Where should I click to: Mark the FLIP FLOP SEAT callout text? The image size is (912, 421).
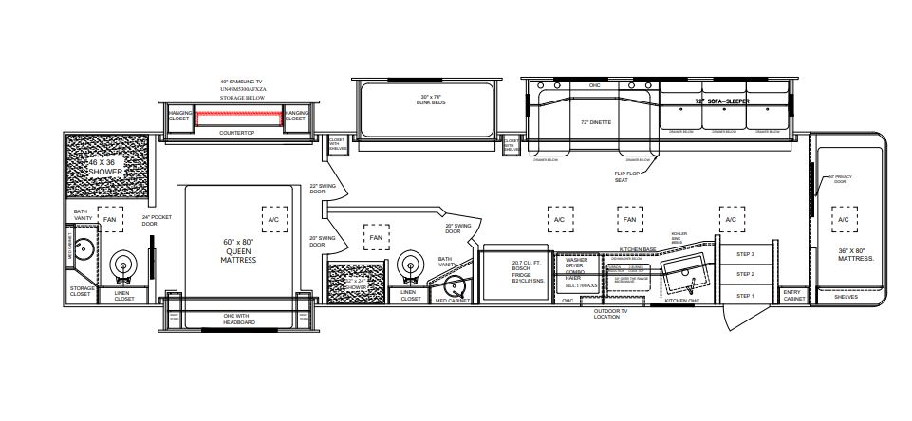(x=627, y=176)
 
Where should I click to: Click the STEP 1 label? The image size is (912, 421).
(x=745, y=296)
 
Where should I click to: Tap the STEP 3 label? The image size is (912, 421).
(x=745, y=254)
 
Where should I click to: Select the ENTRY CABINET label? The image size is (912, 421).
(x=792, y=297)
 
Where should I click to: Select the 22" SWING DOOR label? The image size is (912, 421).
(x=317, y=189)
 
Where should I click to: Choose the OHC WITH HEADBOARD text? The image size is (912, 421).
(x=239, y=318)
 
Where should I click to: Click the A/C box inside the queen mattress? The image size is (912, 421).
(x=274, y=219)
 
